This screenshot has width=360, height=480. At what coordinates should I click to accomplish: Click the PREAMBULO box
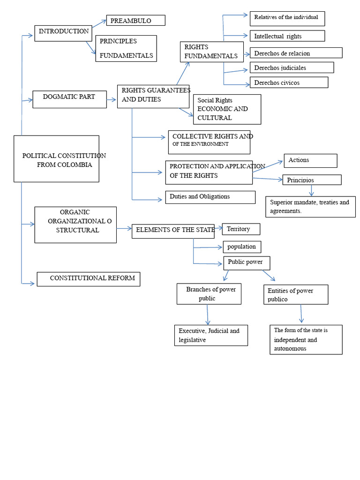135,20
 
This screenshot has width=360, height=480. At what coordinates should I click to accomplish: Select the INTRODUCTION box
63,33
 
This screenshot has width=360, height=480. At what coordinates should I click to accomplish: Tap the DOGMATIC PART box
69,99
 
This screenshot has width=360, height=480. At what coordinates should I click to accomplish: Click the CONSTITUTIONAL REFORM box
88,279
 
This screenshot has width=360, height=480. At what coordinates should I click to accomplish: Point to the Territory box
241,229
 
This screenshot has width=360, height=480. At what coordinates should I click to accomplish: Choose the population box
242,247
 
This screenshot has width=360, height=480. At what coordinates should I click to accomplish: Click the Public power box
246,262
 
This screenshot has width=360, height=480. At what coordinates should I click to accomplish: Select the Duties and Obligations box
210,197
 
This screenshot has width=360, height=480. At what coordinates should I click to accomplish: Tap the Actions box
310,161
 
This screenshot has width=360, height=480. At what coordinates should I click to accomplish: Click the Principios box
312,180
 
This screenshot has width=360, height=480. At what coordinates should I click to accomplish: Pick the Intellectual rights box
287,36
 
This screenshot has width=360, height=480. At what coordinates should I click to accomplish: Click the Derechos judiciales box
292,67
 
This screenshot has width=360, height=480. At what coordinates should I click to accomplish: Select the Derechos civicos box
289,82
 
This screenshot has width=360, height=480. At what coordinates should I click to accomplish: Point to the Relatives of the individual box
287,18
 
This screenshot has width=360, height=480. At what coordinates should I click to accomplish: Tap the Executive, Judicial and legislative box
210,336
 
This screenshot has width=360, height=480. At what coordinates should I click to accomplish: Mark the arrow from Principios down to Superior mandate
311,190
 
